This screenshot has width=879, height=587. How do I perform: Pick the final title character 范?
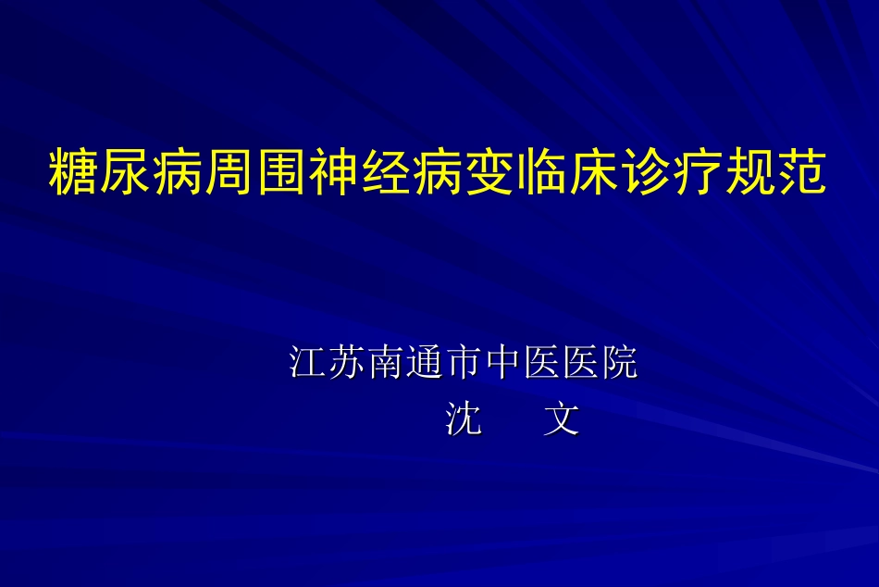click(800, 173)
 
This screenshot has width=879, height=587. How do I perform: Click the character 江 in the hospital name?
click(307, 362)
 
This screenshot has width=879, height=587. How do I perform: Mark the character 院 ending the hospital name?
click(621, 362)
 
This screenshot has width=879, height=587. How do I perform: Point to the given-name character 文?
click(562, 419)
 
